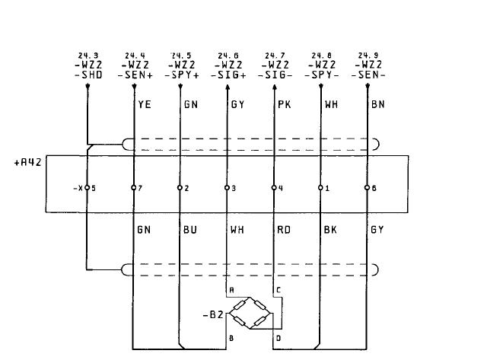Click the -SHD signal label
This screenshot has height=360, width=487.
click(88, 75)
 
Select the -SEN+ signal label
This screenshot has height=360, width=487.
click(135, 75)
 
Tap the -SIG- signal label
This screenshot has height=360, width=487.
click(275, 75)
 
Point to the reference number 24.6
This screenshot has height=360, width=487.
click(228, 56)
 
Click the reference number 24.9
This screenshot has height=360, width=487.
click(368, 56)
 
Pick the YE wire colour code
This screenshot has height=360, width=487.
click(145, 104)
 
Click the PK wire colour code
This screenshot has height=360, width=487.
click(285, 104)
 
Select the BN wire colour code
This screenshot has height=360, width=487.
click(378, 104)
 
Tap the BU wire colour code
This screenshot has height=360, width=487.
click(190, 230)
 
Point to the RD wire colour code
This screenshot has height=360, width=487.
click(284, 230)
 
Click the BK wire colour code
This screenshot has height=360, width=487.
click(330, 230)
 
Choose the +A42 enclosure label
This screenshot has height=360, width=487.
click(27, 162)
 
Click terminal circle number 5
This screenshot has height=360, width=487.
click(88, 187)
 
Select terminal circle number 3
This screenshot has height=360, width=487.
click(227, 187)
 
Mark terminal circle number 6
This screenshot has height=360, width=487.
click(367, 187)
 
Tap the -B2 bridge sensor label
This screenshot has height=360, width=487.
click(213, 315)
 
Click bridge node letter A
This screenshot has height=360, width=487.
click(231, 290)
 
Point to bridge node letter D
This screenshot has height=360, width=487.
click(279, 338)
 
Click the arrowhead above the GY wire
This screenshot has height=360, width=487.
click(228, 87)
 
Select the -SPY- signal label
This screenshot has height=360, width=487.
click(322, 75)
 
